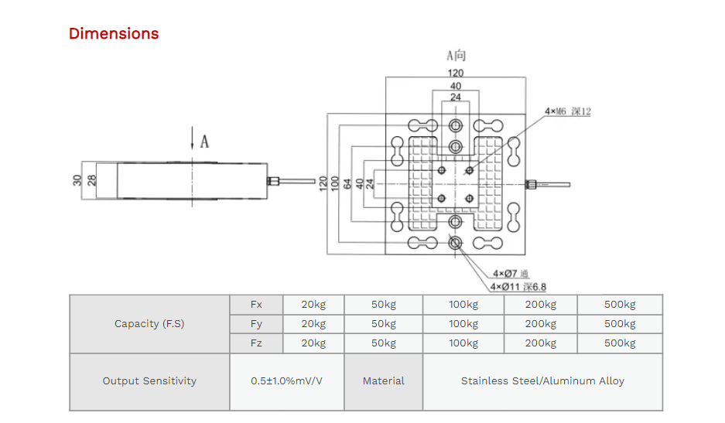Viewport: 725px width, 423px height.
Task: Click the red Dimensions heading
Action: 114,33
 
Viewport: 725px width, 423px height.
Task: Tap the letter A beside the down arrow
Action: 204,142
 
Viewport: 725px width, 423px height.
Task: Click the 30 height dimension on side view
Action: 77,180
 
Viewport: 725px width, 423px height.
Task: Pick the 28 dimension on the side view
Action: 91,180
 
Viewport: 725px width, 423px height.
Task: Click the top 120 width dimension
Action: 455,73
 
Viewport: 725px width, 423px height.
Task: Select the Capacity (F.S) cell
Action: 149,324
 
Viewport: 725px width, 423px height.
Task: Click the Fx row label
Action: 256,305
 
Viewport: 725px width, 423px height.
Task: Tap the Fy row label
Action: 256,324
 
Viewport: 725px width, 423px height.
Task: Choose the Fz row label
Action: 256,343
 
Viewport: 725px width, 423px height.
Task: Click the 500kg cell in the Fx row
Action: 620,305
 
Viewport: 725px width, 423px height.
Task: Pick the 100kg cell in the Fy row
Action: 463,324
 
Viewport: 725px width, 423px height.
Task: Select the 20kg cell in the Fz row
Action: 313,343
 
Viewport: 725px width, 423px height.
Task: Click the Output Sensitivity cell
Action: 149,381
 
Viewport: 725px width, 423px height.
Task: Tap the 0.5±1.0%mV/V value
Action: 286,381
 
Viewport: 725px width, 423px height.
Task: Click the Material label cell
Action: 384,381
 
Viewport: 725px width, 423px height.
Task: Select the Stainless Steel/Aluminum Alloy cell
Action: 542,381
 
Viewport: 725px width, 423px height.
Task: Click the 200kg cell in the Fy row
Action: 540,324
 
